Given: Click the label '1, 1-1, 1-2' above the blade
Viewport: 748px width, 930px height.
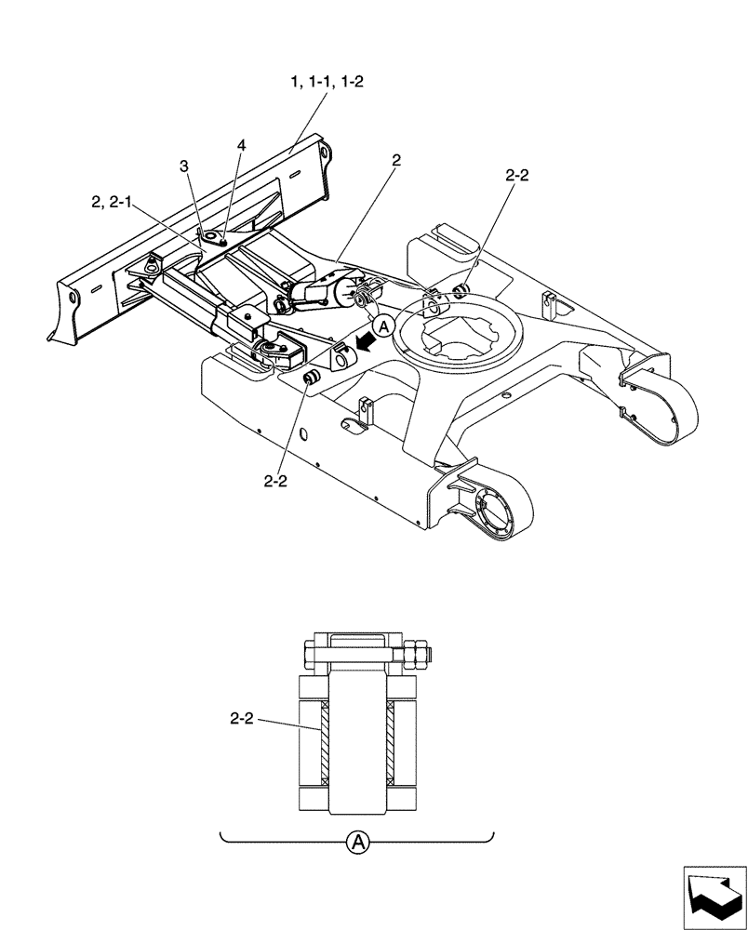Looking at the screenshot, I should (327, 82).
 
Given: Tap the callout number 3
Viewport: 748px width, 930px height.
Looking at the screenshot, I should (184, 165).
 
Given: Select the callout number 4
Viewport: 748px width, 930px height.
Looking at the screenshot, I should (241, 146).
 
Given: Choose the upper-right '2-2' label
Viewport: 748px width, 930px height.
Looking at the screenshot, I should (518, 174).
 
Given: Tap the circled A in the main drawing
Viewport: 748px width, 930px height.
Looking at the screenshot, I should (383, 325).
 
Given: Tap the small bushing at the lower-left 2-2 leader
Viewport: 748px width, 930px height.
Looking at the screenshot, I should (312, 379).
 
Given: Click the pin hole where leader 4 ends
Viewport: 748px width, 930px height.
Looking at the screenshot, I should (212, 238).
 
